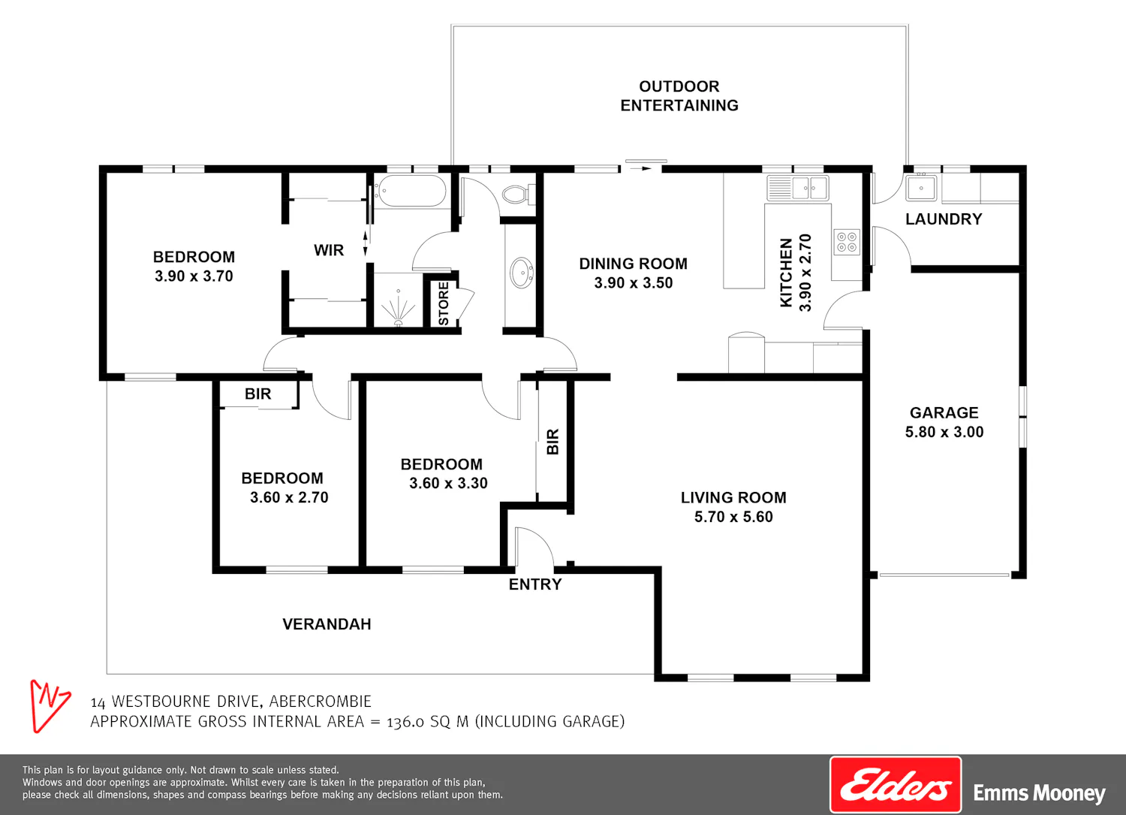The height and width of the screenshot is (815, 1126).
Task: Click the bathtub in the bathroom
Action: (411, 191)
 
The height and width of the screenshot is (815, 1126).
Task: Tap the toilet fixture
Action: (518, 194)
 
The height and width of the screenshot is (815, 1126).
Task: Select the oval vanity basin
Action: (522, 273)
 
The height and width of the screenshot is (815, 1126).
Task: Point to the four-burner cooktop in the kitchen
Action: (847, 242)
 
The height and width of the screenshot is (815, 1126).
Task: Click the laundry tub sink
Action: (921, 188)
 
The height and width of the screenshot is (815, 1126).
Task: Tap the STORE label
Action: (444, 303)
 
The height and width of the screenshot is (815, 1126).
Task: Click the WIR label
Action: (329, 250)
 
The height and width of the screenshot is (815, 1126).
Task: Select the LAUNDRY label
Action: (944, 219)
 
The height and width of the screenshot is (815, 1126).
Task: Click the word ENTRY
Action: (534, 584)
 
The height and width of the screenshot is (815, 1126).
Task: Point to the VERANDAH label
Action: (327, 623)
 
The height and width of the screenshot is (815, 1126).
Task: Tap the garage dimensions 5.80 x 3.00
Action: (944, 432)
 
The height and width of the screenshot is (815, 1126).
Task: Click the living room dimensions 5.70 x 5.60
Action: (733, 517)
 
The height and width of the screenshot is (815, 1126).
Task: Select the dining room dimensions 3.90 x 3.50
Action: (634, 282)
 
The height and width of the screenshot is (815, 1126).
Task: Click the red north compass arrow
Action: (49, 705)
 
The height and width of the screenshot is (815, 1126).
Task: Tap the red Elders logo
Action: (896, 785)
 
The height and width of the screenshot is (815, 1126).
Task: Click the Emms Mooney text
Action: (1039, 793)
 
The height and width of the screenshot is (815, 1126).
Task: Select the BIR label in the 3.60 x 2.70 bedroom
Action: (258, 394)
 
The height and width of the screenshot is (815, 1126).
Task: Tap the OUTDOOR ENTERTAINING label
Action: (679, 95)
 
